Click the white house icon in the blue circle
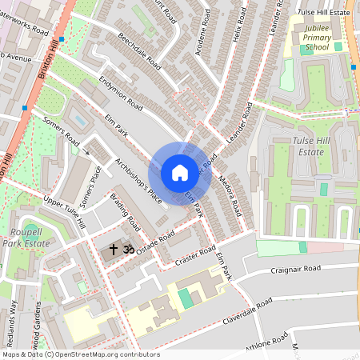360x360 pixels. coord(180,172)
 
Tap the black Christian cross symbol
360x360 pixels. coord(114,250)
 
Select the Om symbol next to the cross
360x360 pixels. coord(128,250)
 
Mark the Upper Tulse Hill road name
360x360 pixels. coord(64,212)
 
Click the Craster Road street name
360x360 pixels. coord(195,256)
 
